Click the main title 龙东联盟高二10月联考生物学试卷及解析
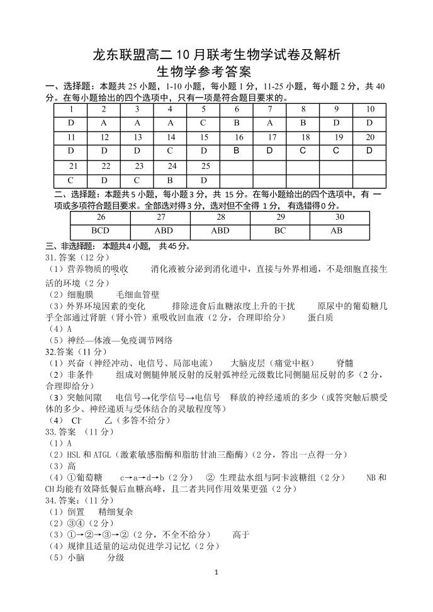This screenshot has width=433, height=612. [x=216, y=55]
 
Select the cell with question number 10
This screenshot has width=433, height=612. [x=369, y=109]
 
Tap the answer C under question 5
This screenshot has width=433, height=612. [x=204, y=123]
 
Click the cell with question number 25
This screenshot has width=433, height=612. [x=204, y=166]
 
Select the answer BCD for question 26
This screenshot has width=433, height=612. [x=100, y=231]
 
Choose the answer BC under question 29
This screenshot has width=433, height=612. [x=280, y=231]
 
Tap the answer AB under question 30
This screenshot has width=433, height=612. [x=337, y=231]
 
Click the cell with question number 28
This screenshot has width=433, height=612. [x=220, y=217]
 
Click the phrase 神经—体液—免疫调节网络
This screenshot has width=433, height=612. [x=120, y=340]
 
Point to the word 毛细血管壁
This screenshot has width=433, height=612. [x=138, y=294]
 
